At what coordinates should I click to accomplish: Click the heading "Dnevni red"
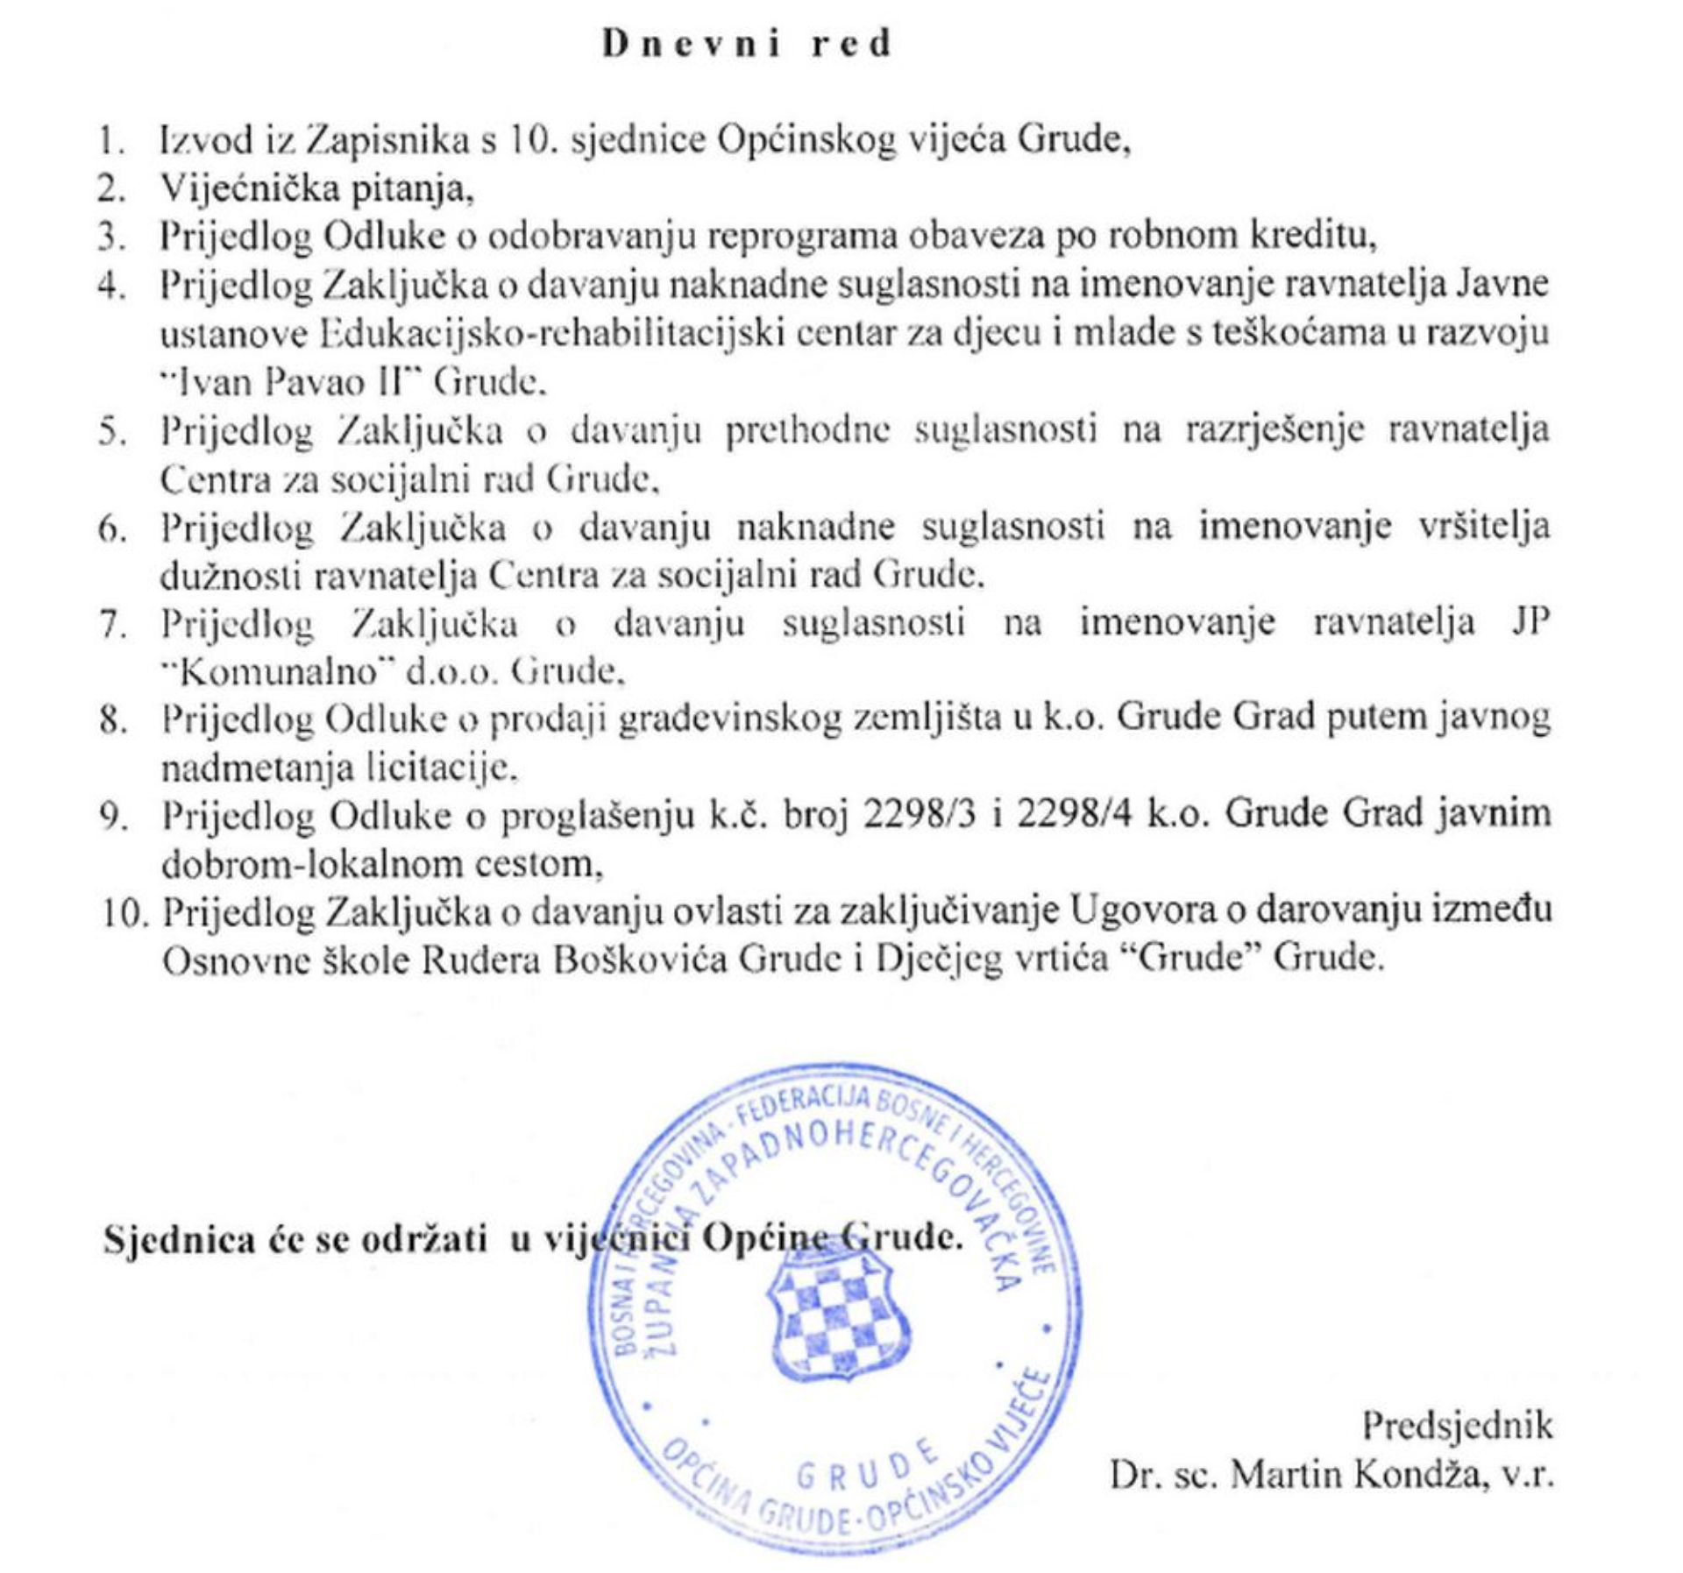(747, 44)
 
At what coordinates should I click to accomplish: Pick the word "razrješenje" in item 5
(1274, 430)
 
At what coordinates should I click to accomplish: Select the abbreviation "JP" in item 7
(1530, 623)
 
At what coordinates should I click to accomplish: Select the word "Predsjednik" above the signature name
(1456, 1426)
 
